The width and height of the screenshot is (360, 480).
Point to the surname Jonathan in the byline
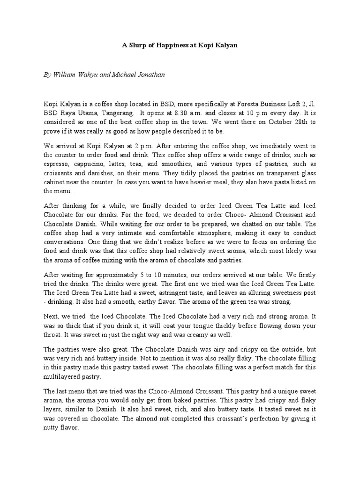[x=150, y=74]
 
